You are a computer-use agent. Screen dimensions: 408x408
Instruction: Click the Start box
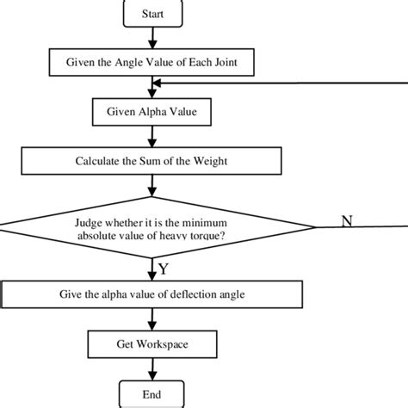[x=152, y=14]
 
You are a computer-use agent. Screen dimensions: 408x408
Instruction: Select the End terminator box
[x=151, y=394]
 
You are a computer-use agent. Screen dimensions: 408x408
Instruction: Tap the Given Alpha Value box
[x=151, y=112]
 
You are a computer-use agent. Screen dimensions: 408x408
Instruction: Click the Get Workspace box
[x=152, y=344]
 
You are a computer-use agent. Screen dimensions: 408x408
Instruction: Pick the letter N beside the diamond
[x=347, y=221]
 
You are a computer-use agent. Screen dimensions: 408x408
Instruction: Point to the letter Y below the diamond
[x=164, y=269]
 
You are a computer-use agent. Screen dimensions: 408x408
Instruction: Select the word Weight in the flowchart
[x=210, y=161]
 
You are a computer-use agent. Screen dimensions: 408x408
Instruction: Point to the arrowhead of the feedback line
[x=157, y=83]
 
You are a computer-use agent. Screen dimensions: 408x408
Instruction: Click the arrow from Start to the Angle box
[x=152, y=38]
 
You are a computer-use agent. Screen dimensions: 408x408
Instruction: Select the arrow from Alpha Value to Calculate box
[x=152, y=137]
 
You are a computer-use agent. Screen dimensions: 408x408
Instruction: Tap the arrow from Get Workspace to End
[x=152, y=369]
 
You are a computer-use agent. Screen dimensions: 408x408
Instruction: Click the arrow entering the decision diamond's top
[x=152, y=186]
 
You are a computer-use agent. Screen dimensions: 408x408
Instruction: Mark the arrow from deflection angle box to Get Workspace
[x=152, y=319]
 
